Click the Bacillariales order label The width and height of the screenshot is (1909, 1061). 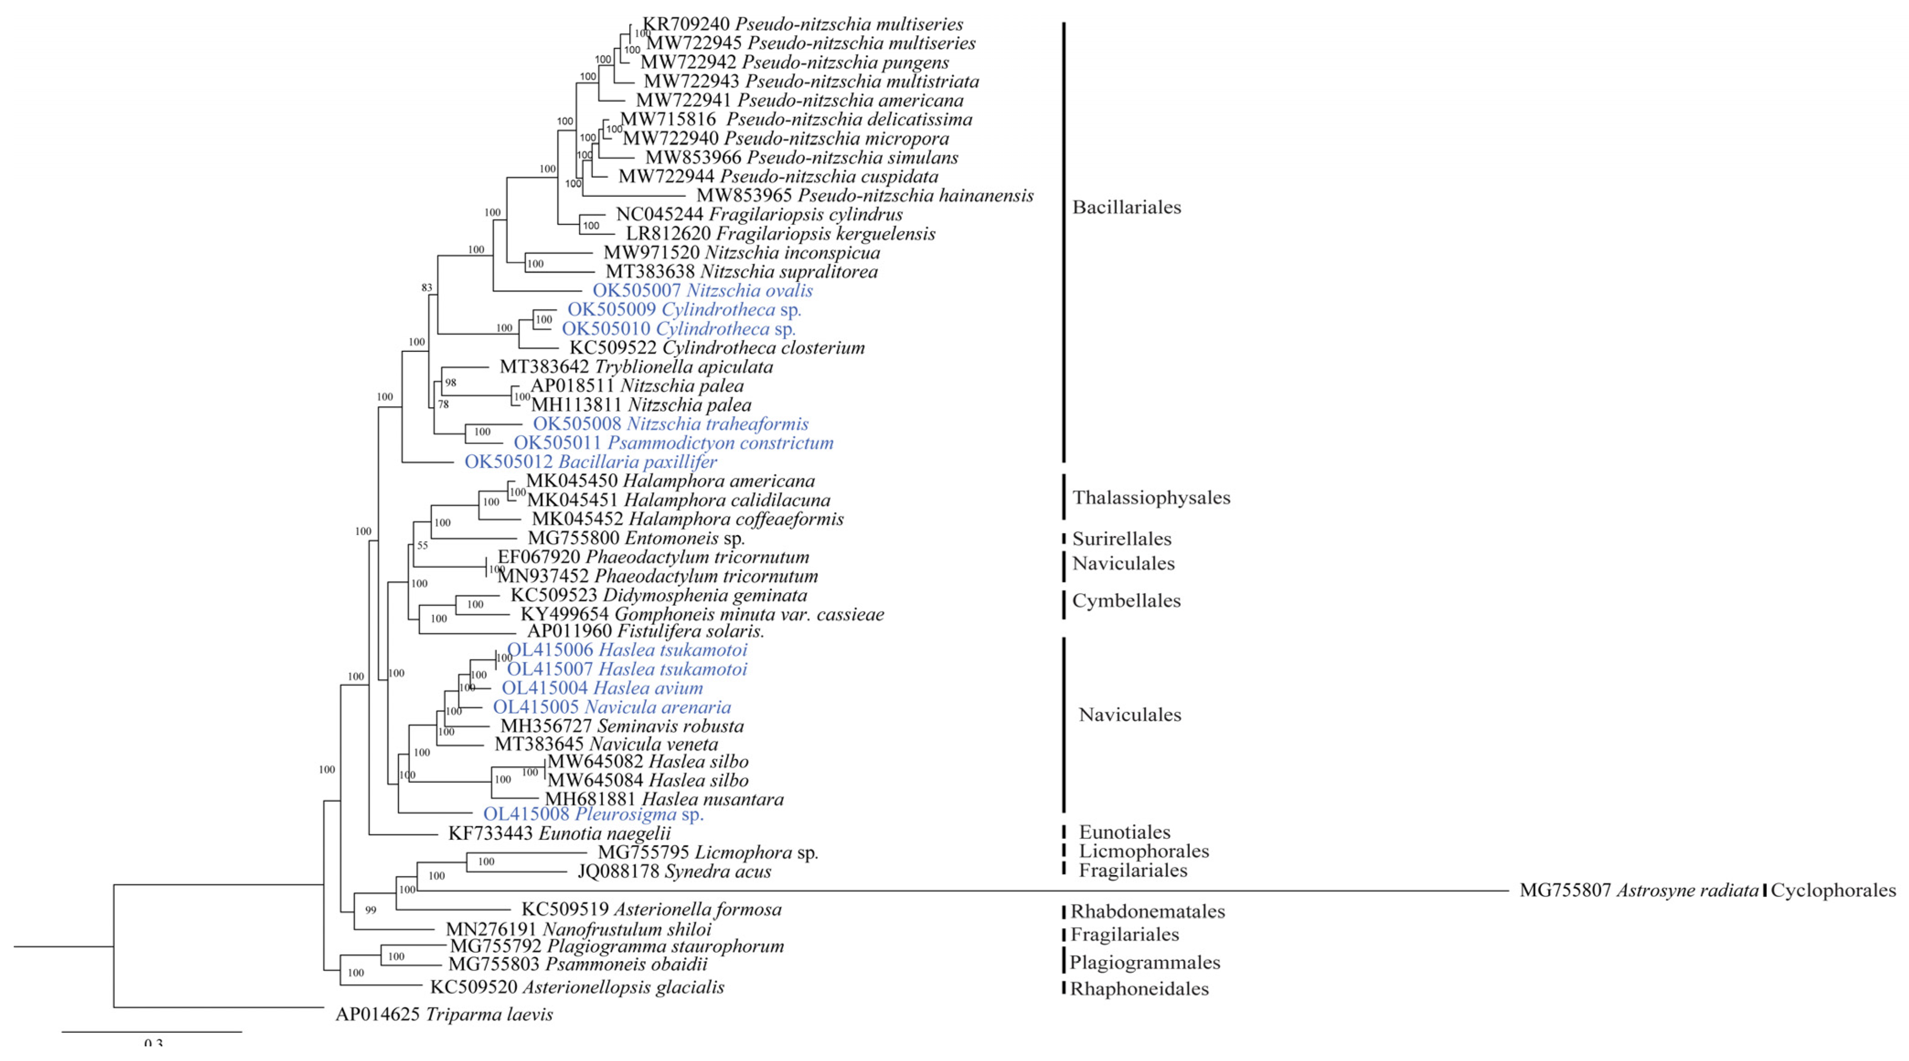coord(1126,207)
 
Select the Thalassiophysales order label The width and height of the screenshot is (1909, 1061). coord(1151,498)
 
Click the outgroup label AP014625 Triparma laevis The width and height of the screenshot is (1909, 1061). coord(444,1014)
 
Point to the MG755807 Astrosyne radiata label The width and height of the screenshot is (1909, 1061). coord(1638,891)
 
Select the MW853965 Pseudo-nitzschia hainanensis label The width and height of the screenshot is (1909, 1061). coord(865,196)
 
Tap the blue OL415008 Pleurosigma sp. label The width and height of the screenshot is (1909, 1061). coord(593,814)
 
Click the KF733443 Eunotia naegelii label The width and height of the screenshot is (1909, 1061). coord(560,833)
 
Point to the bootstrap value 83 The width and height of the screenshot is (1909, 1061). coord(427,287)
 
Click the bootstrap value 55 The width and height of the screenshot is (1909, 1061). coord(422,545)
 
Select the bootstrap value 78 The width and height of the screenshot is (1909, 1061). coord(443,404)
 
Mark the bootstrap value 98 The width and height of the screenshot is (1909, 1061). coord(451,383)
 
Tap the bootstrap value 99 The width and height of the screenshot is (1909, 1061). coord(371,910)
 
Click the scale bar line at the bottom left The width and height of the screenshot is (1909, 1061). coord(151,1031)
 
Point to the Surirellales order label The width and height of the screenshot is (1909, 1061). coord(1121,539)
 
